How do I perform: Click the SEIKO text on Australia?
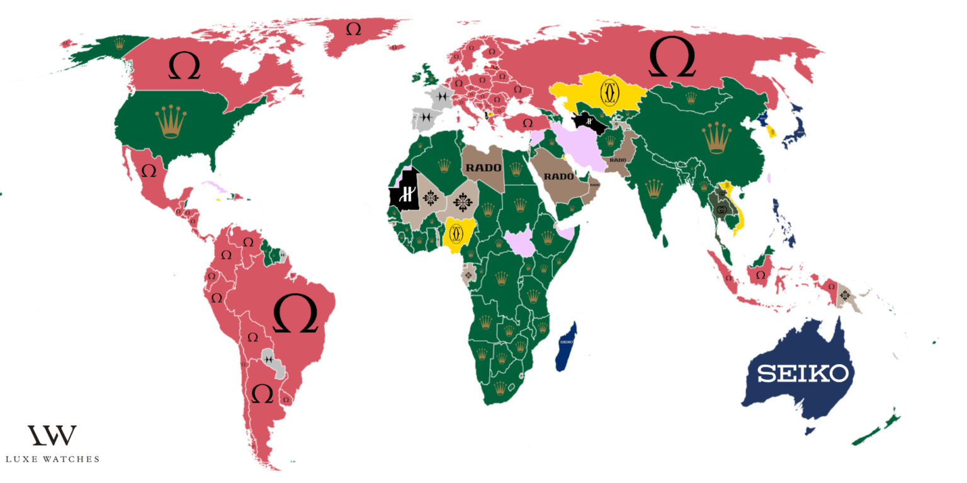(803, 374)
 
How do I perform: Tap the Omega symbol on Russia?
(672, 57)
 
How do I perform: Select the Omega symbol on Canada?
(184, 66)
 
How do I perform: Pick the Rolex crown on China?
(717, 138)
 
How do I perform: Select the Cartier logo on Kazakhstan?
(609, 93)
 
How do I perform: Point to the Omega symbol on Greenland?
(354, 29)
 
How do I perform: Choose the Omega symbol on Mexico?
(149, 171)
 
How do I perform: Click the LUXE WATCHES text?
(52, 459)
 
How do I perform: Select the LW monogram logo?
(52, 435)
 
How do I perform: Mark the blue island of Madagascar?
(566, 346)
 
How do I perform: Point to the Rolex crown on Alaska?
(119, 43)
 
